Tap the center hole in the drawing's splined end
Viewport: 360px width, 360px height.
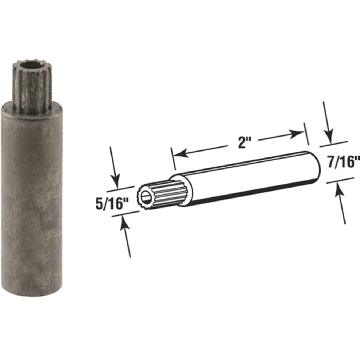(147, 197)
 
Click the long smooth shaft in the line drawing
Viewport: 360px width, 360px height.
(249, 174)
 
